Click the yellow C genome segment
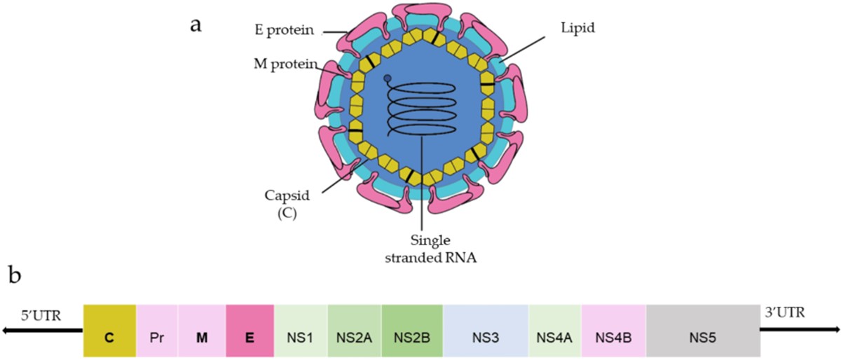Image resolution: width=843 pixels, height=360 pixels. [x=109, y=331]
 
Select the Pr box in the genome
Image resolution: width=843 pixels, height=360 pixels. [x=157, y=331]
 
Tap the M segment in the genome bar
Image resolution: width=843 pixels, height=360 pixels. [x=202, y=331]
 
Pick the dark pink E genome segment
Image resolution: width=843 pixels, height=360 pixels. [x=249, y=331]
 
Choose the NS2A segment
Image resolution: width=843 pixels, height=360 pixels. [x=355, y=331]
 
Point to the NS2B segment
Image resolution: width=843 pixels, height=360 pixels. [x=412, y=331]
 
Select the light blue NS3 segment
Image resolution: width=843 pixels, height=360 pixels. [x=486, y=331]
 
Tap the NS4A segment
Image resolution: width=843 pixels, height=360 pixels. [x=555, y=331]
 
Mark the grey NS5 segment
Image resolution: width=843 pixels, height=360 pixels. [x=703, y=331]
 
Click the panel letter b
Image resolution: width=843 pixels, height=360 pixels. [x=15, y=275]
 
